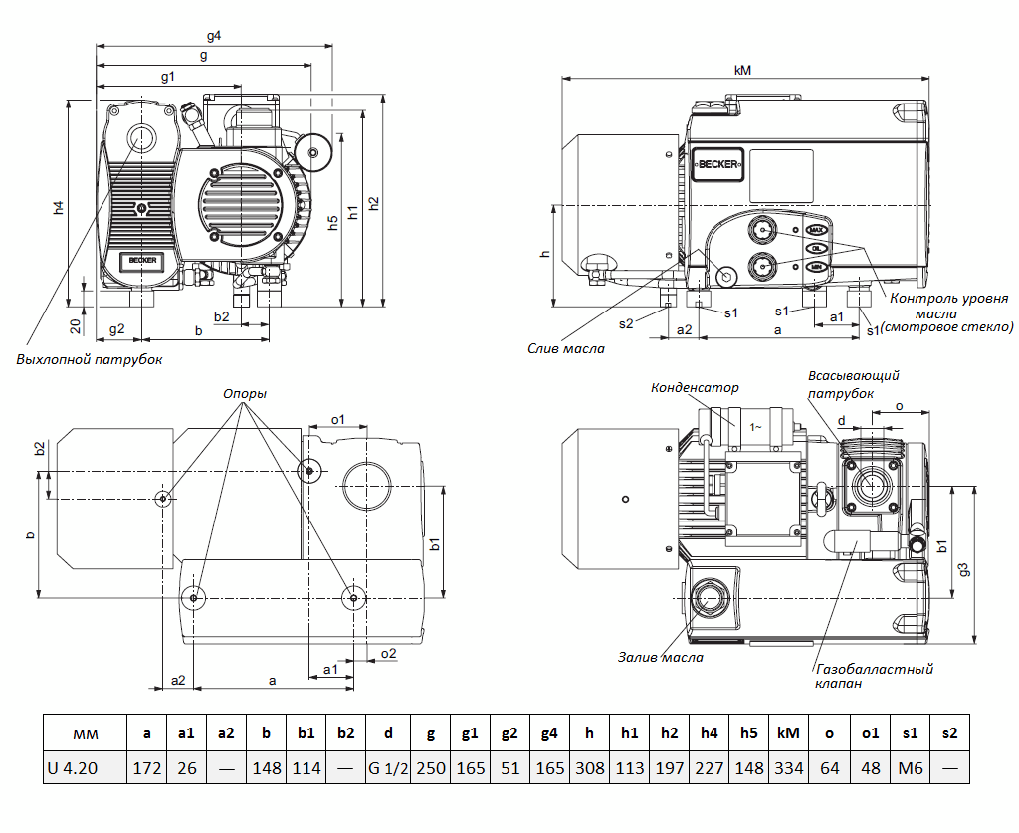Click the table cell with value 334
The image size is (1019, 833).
787,767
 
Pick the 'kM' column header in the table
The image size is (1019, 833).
787,733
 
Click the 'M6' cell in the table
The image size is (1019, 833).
910,767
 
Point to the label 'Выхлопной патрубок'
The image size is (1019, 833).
89,359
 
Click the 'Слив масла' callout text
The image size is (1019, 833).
566,348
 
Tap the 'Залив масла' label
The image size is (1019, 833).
660,657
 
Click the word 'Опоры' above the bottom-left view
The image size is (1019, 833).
245,393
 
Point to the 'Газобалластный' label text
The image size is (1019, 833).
874,669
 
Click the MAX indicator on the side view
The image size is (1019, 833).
817,230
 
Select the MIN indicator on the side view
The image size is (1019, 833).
817,267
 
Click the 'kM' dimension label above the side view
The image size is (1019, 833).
742,70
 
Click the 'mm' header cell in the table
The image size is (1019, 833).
86,733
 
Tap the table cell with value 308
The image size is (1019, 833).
590,767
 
